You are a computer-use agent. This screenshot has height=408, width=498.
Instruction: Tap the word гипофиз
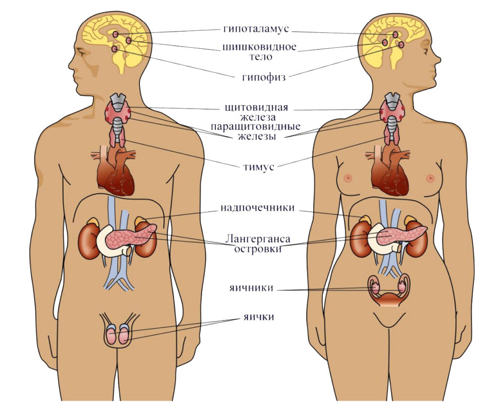tap(263, 77)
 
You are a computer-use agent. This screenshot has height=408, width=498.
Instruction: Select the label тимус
tap(259, 167)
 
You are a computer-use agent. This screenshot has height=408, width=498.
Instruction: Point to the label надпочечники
tap(257, 208)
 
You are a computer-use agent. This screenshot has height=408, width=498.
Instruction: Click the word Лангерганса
tap(258, 239)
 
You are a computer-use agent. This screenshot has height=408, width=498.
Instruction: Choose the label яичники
tap(251, 288)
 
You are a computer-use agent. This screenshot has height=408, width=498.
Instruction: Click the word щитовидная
tap(257, 108)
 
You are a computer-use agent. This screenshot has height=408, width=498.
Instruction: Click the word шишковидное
tap(259, 48)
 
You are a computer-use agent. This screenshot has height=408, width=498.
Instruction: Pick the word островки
tap(258, 249)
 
